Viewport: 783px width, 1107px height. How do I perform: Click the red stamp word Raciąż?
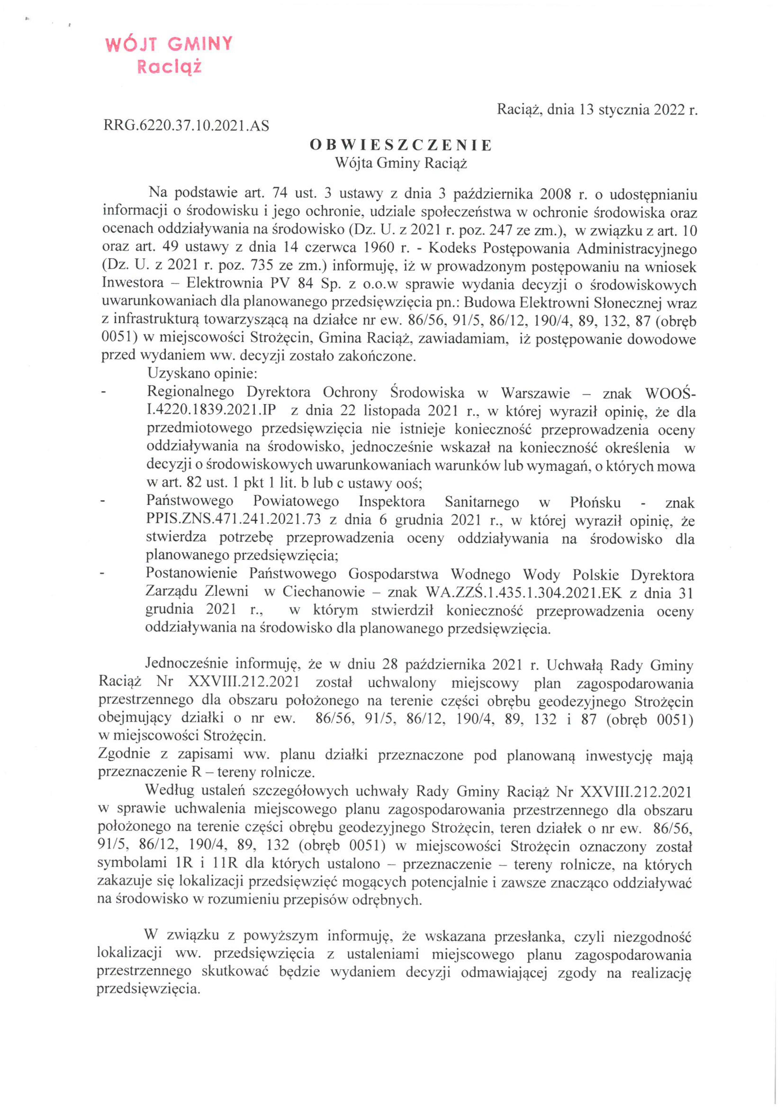tap(169, 67)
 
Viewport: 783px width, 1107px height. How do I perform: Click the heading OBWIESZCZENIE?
tap(401, 145)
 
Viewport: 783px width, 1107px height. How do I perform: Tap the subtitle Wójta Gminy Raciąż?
tap(401, 163)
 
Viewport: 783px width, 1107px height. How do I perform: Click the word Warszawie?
tap(535, 393)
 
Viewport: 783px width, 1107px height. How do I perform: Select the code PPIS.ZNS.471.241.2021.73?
tap(233, 520)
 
